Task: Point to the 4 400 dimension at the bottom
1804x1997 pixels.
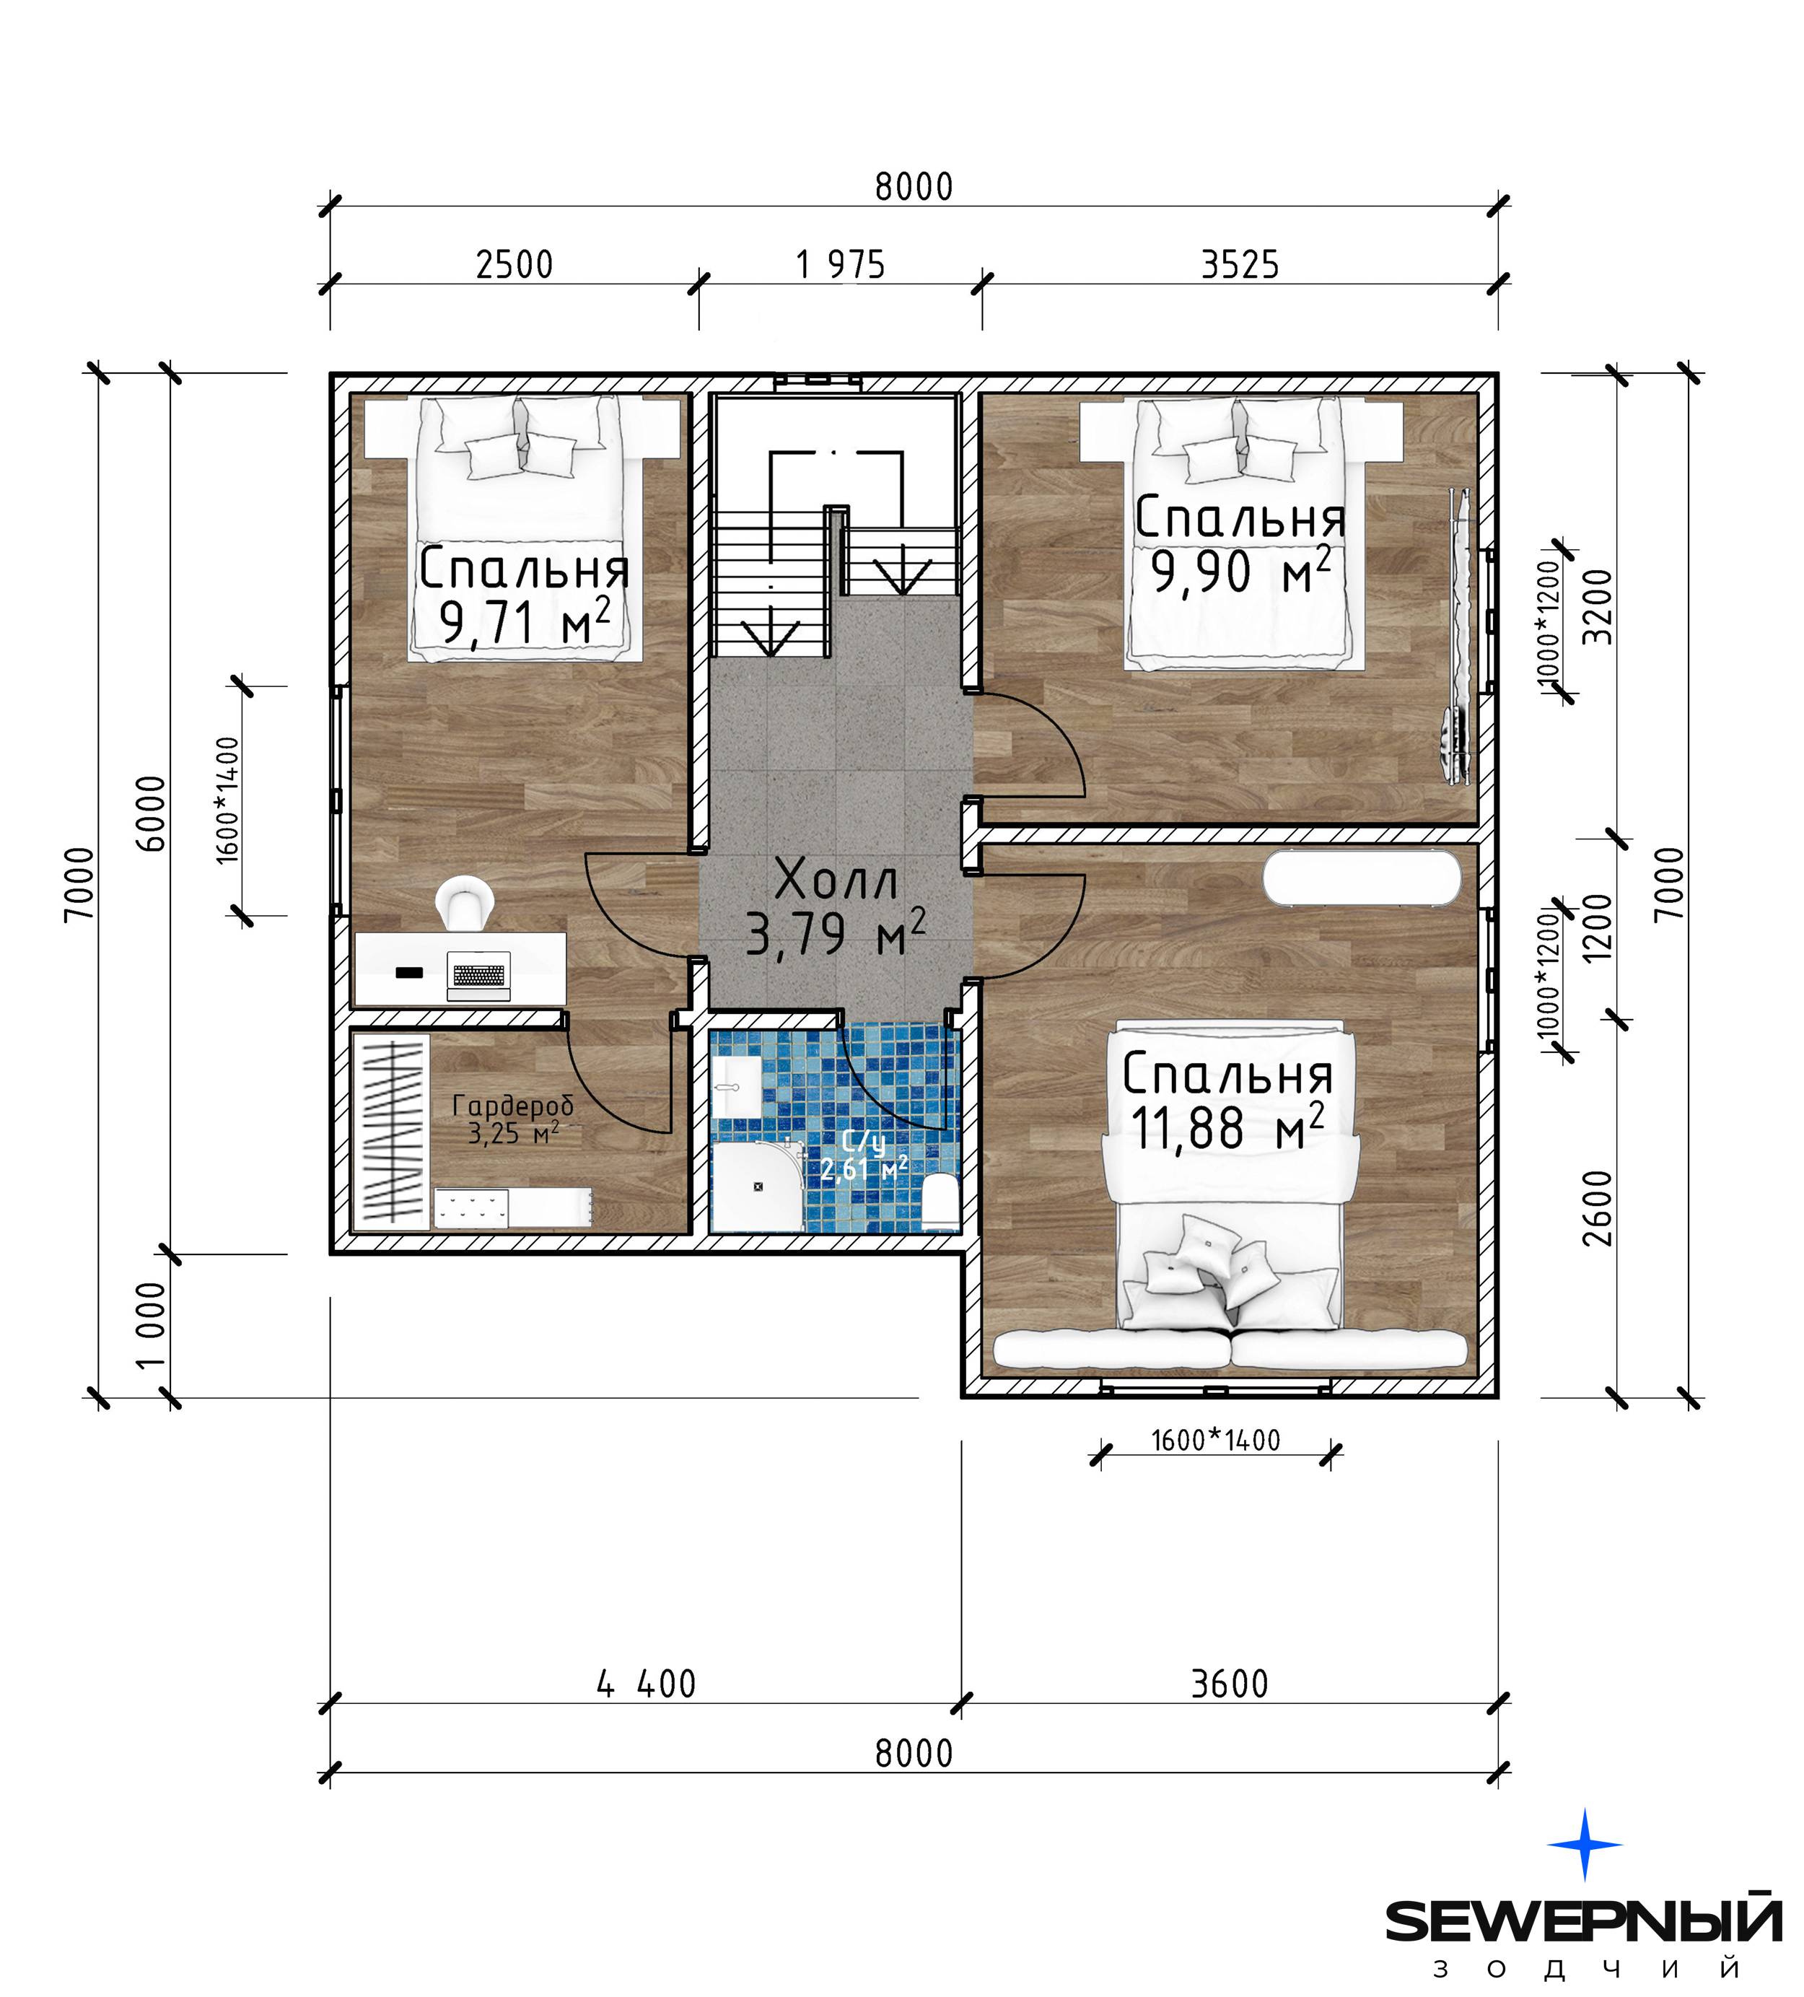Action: [646, 1683]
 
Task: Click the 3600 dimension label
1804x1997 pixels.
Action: [1230, 1683]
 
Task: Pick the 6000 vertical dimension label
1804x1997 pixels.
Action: [152, 813]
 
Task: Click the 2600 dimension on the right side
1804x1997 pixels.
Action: [1597, 1207]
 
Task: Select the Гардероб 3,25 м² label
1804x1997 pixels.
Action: [513, 1119]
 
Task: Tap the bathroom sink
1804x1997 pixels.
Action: [736, 1087]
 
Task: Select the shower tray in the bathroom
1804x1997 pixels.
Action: [758, 1187]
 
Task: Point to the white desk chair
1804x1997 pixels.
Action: [465, 902]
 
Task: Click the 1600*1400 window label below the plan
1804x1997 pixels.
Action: [1216, 1441]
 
